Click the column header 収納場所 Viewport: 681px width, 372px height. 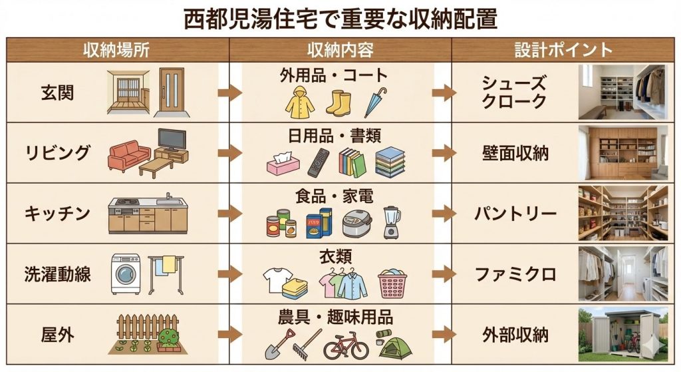coord(116,50)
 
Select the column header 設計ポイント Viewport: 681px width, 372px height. coord(563,50)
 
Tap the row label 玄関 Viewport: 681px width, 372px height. coord(57,92)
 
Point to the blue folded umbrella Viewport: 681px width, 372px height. coord(376,102)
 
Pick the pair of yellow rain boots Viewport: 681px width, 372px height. coord(338,102)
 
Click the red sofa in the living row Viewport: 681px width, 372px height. coord(130,157)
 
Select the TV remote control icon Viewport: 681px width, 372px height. coord(318,163)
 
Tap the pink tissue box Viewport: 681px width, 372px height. coord(283,164)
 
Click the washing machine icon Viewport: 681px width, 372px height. coord(126,274)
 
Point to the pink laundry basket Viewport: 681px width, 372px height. coord(392,284)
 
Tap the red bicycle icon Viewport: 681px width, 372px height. coord(345,347)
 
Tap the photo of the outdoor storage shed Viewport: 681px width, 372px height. coord(622,333)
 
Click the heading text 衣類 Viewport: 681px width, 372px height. coord(335,256)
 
